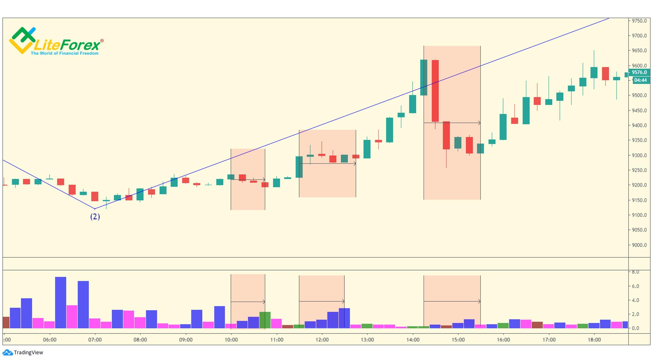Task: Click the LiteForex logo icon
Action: coord(22,40)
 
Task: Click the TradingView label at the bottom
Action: coord(28,352)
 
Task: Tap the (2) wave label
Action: coord(95,217)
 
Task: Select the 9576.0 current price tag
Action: coord(639,72)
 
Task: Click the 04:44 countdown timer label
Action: coord(640,80)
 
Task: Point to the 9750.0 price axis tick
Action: coord(639,21)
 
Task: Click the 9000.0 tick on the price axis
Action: coord(639,245)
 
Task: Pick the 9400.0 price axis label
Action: coord(639,125)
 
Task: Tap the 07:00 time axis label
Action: coord(95,340)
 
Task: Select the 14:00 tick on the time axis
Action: coord(413,340)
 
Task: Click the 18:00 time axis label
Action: coord(594,340)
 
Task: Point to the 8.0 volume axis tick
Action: coord(635,272)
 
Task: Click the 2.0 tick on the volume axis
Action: coord(635,314)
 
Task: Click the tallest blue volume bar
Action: coord(61,302)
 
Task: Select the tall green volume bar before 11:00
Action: coord(265,320)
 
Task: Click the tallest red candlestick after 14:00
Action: coord(435,91)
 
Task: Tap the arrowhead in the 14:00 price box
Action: coord(479,123)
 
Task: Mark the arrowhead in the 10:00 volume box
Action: coord(264,302)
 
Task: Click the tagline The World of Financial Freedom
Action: coord(64,53)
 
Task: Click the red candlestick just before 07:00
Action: coord(94,196)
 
